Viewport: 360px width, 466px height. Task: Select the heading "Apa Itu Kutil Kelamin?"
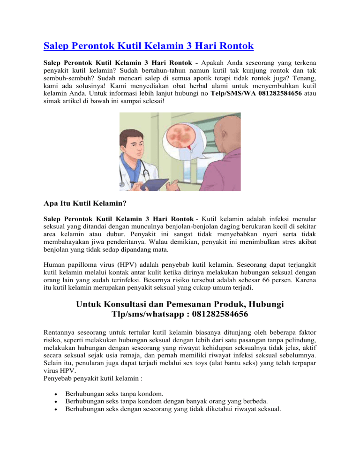pyautogui.click(x=89, y=204)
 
